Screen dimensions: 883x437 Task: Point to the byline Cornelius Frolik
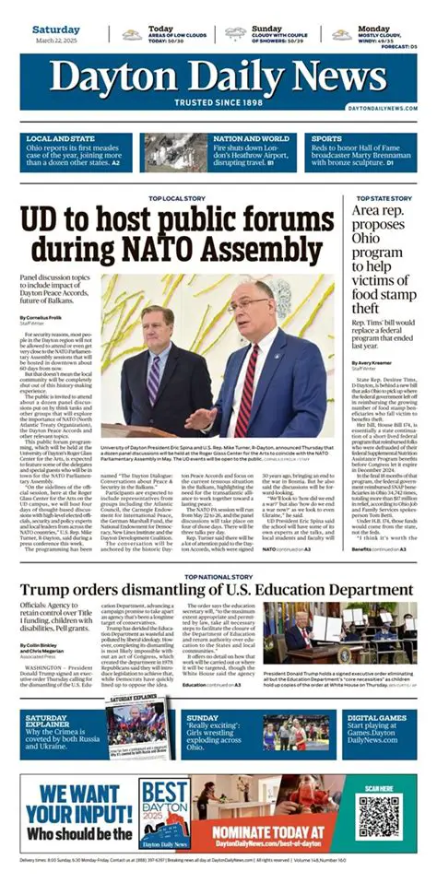click(x=43, y=318)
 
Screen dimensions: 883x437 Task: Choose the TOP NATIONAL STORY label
click(x=218, y=577)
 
